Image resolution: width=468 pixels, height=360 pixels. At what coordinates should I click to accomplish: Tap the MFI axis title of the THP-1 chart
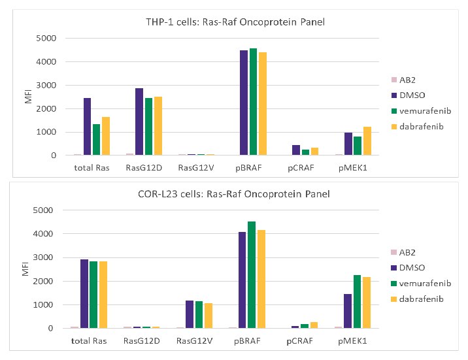tap(27, 97)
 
